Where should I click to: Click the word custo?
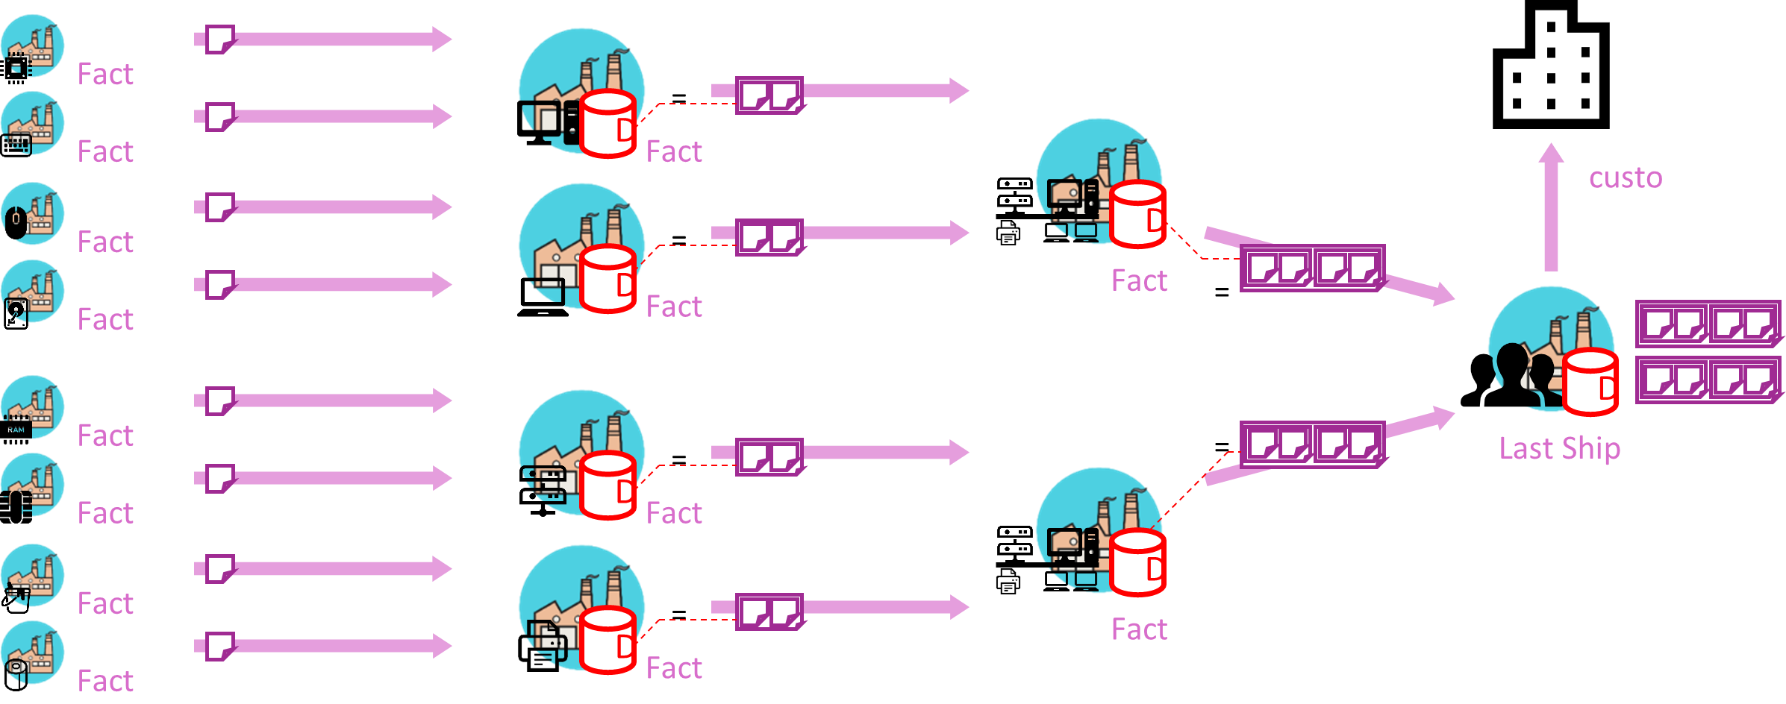1625,178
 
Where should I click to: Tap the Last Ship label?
1559,448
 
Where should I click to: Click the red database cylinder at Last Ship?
1590,381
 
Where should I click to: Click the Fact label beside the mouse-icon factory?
105,242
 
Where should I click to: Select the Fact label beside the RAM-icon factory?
105,436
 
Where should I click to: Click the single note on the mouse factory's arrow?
220,207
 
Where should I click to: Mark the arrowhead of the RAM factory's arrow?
442,400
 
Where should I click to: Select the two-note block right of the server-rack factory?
769,456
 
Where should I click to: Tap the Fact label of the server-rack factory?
674,513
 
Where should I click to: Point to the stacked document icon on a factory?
546,640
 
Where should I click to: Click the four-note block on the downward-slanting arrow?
1311,268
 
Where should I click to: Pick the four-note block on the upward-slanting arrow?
1311,444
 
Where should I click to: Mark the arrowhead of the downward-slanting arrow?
1445,295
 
